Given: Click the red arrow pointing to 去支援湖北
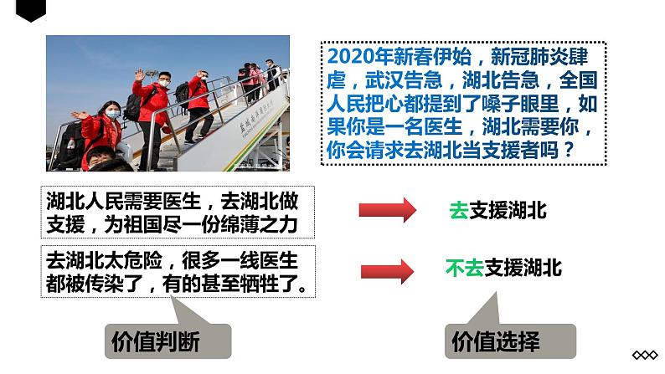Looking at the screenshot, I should tap(387, 210).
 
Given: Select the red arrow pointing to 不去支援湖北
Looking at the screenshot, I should tap(387, 270).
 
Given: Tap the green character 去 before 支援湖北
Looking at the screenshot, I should tap(459, 211).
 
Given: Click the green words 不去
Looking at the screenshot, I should tap(464, 269).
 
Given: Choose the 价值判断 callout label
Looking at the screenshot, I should tap(155, 341).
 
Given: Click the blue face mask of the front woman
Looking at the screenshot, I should tap(111, 113).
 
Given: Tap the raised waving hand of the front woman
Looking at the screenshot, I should tap(80, 115).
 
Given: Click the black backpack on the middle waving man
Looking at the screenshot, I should tap(133, 106).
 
